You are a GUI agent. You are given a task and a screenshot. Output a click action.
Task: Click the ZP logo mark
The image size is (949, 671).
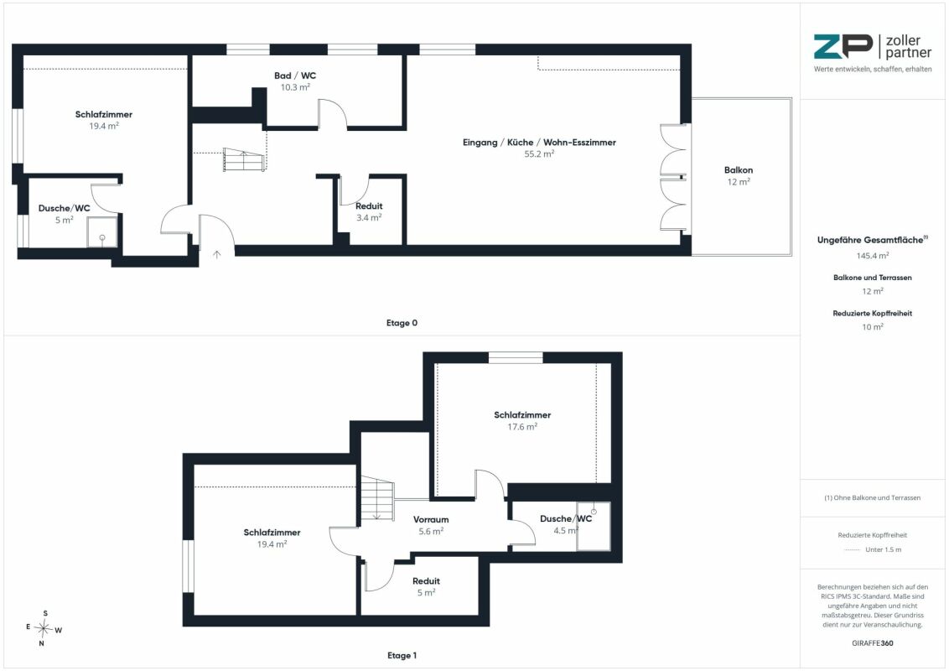pyautogui.click(x=843, y=47)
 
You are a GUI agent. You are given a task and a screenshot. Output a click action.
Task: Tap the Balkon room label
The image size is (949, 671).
pyautogui.click(x=739, y=170)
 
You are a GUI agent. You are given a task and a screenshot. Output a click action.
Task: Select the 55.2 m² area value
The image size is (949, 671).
pyautogui.click(x=539, y=153)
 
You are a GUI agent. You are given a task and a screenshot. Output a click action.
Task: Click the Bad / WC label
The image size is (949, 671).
pyautogui.click(x=295, y=75)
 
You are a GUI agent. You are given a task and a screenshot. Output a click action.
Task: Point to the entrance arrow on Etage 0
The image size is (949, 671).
pyautogui.click(x=216, y=254)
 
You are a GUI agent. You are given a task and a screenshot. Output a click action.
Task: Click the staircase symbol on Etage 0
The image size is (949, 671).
pyautogui.click(x=244, y=159)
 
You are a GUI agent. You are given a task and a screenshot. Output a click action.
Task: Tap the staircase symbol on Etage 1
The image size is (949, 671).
pyautogui.click(x=377, y=498)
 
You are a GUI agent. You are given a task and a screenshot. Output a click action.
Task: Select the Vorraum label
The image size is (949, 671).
pyautogui.click(x=431, y=519)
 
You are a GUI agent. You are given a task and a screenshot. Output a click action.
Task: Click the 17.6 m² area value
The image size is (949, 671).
pyautogui.click(x=522, y=426)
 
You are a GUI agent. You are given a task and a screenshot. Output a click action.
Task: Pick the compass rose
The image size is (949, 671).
pyautogui.click(x=44, y=628)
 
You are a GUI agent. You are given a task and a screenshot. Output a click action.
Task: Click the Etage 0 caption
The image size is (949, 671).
pyautogui.click(x=402, y=323)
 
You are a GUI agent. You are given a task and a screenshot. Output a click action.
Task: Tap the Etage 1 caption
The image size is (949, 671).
pyautogui.click(x=402, y=655)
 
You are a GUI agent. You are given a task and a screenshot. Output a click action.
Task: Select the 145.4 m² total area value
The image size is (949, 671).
pyautogui.click(x=872, y=256)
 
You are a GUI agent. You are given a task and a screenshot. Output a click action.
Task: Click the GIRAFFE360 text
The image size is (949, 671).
pyautogui.click(x=872, y=643)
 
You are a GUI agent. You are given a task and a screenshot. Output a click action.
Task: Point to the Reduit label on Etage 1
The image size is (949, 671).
pyautogui.click(x=426, y=580)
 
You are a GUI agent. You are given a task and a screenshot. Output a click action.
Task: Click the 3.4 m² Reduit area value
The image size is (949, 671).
pyautogui.click(x=369, y=217)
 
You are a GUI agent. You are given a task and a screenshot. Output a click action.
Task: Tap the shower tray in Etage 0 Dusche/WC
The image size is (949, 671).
pyautogui.click(x=102, y=232)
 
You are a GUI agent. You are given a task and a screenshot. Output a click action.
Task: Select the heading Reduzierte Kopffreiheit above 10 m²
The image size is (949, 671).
pyautogui.click(x=872, y=313)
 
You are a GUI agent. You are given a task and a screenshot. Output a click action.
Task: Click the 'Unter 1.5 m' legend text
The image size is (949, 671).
pyautogui.click(x=883, y=549)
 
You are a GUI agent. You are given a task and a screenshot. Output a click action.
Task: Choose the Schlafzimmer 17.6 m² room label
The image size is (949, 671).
pyautogui.click(x=522, y=415)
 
